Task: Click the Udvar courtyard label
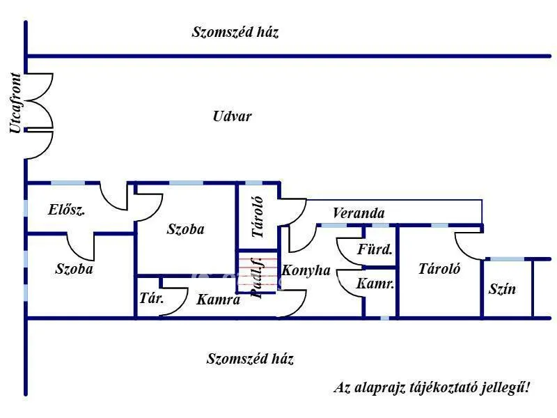(233, 116)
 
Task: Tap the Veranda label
(359, 213)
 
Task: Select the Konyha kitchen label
(306, 270)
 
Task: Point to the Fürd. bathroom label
(375, 249)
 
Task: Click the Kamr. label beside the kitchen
(375, 284)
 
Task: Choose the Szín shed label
(502, 288)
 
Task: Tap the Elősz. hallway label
(66, 210)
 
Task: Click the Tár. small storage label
(152, 298)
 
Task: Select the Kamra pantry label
(218, 300)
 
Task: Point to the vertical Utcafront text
(15, 103)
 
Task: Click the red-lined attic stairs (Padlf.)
(257, 272)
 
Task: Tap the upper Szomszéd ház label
(235, 31)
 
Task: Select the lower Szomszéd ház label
(250, 359)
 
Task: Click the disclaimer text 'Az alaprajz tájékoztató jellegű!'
(432, 387)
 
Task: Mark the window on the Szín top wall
(507, 259)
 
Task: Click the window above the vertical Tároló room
(254, 183)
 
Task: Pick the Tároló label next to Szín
(439, 268)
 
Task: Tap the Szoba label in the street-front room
(74, 268)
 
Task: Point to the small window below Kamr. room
(385, 318)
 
